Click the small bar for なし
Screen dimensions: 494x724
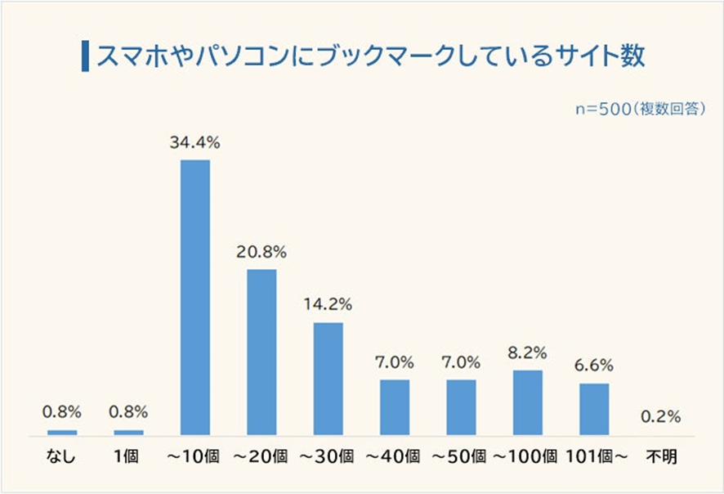click(x=62, y=432)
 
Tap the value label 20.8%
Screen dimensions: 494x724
click(x=261, y=251)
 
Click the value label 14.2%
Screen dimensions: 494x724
click(x=328, y=305)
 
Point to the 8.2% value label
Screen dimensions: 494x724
click(x=528, y=353)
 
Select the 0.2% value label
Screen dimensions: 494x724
click(x=660, y=416)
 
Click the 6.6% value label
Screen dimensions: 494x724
click(x=594, y=366)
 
